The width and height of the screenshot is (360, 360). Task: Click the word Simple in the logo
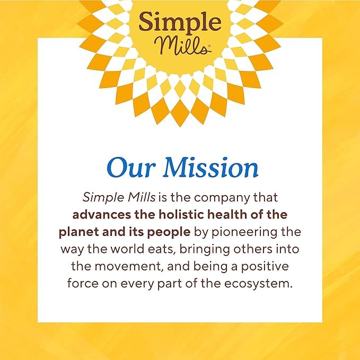(x=179, y=22)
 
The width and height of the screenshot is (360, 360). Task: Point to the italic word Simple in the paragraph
(x=100, y=197)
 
